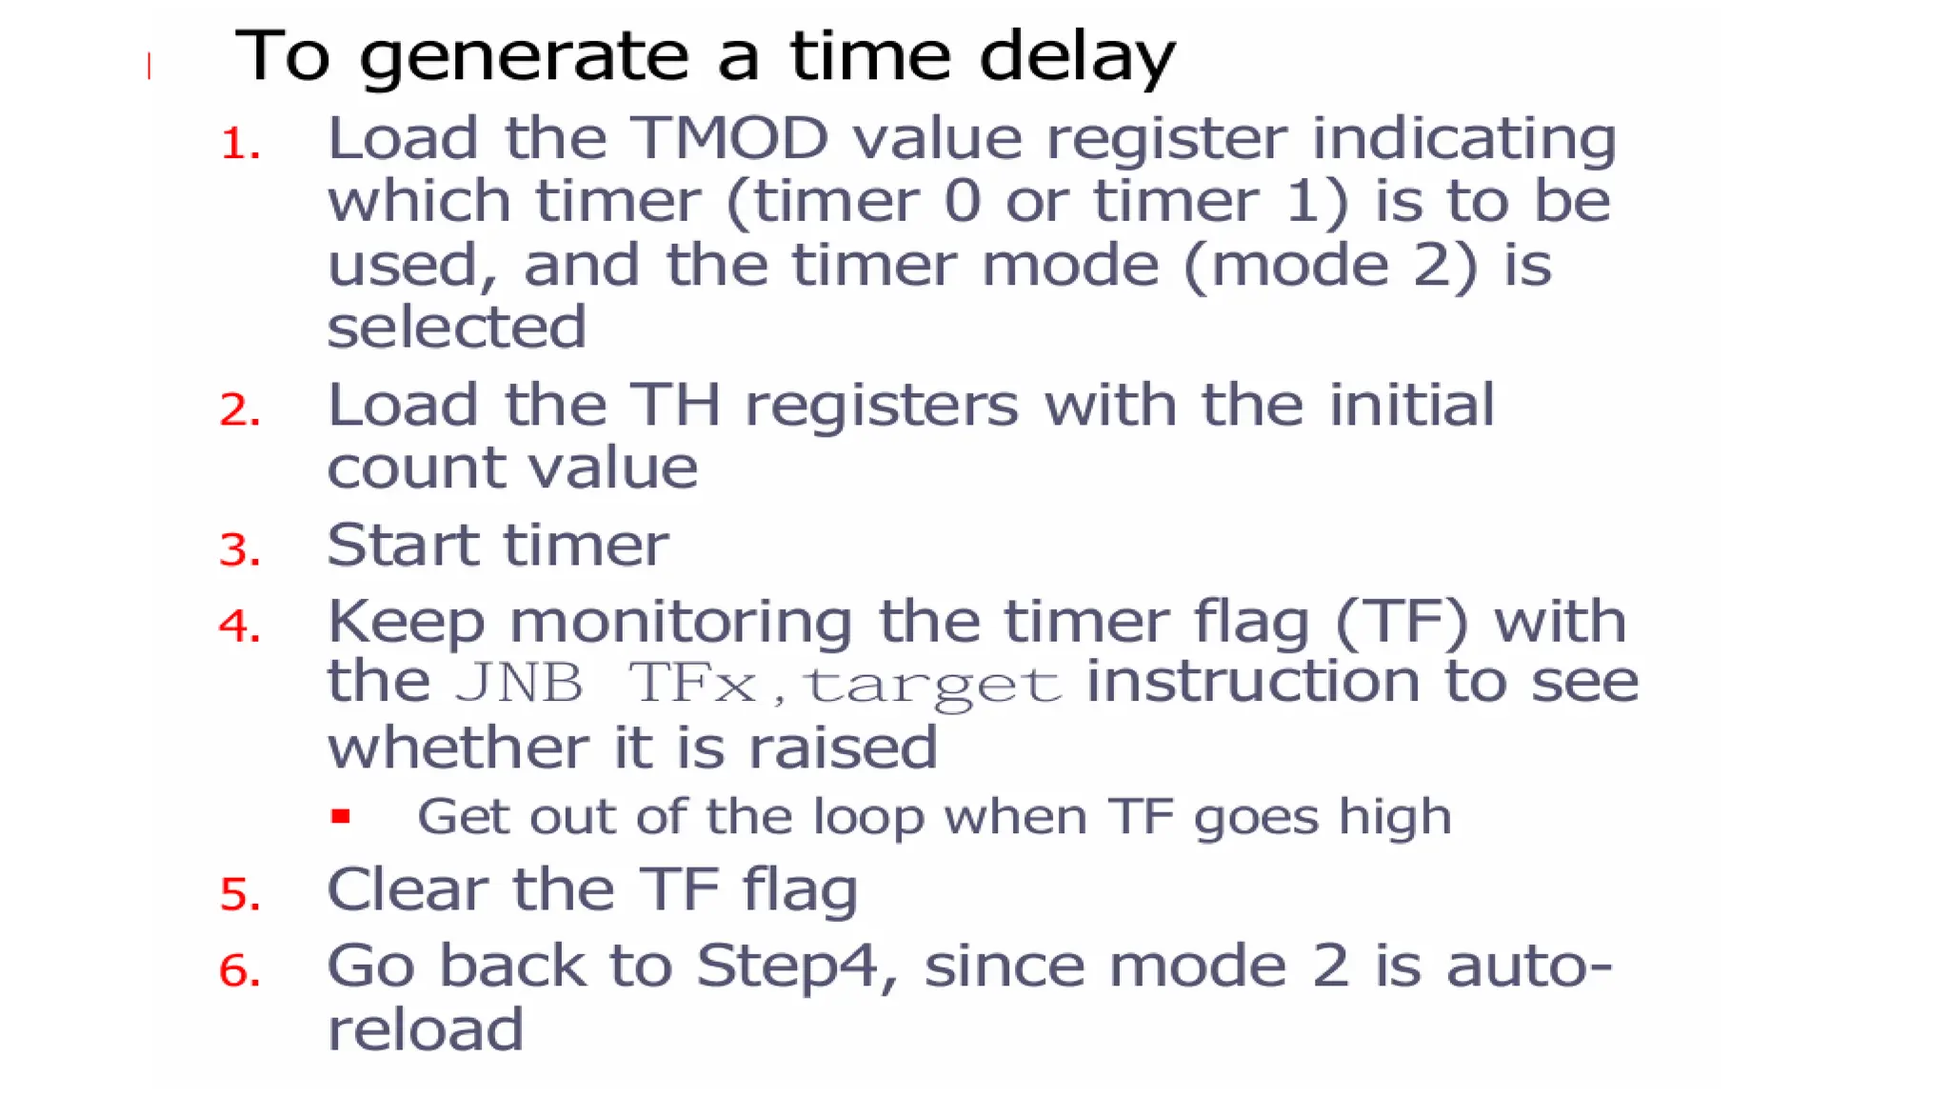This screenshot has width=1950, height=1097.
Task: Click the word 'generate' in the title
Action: click(x=524, y=57)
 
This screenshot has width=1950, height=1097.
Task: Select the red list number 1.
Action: click(x=240, y=145)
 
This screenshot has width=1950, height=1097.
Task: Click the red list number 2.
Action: click(x=240, y=410)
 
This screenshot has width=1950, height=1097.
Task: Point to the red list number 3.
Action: click(x=240, y=550)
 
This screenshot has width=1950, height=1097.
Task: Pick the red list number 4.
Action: click(x=240, y=627)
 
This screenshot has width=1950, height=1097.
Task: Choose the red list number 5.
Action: click(x=240, y=894)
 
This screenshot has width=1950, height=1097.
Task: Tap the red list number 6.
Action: click(x=240, y=971)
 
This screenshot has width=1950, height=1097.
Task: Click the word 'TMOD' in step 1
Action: click(x=731, y=139)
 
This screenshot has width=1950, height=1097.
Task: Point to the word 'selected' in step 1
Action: click(x=456, y=328)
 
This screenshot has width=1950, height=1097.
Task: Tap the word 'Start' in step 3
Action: click(x=402, y=546)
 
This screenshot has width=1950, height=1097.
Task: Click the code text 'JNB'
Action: click(x=520, y=683)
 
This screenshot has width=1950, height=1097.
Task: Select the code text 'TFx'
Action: click(x=692, y=683)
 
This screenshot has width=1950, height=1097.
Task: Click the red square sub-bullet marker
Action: click(x=341, y=816)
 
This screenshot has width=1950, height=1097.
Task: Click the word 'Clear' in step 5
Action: click(x=408, y=890)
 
